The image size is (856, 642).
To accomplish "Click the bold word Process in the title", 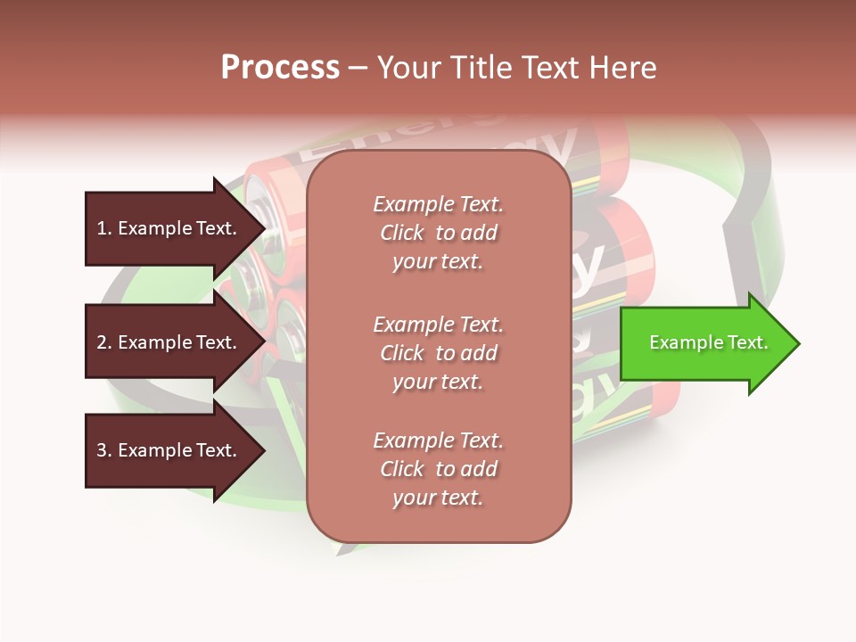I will (x=280, y=68).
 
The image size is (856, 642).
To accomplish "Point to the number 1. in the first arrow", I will (x=104, y=228).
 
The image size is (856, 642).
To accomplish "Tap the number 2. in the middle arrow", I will (x=104, y=342).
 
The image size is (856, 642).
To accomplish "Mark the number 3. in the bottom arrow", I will (x=104, y=450).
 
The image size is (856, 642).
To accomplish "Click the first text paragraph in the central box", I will (x=438, y=233).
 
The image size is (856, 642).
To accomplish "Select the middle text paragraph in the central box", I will (x=438, y=353).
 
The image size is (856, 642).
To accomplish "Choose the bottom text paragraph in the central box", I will (x=438, y=469).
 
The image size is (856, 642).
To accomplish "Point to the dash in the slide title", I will (x=358, y=69).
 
